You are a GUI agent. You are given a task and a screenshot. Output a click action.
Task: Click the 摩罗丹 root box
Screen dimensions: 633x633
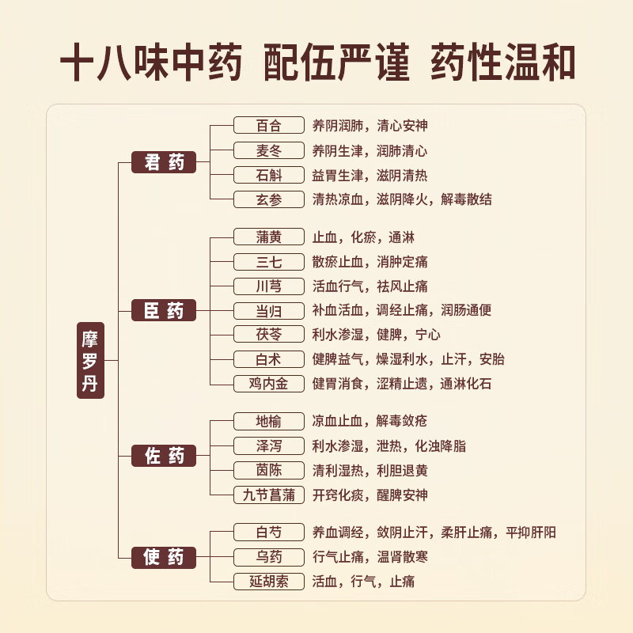pyautogui.click(x=90, y=360)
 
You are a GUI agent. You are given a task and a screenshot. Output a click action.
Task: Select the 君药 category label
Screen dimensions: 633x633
pyautogui.click(x=164, y=162)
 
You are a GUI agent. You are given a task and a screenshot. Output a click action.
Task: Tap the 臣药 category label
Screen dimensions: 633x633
pyautogui.click(x=164, y=310)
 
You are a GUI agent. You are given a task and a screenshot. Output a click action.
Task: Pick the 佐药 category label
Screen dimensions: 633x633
pyautogui.click(x=164, y=456)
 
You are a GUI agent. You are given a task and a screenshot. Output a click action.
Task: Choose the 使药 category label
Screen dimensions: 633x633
pyautogui.click(x=164, y=558)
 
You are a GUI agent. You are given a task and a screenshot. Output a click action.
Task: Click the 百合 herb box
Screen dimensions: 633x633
pyautogui.click(x=269, y=125)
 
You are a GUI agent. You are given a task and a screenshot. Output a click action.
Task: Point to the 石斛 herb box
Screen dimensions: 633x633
pyautogui.click(x=269, y=175)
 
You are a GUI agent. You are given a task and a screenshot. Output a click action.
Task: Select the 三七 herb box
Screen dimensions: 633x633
pyautogui.click(x=269, y=262)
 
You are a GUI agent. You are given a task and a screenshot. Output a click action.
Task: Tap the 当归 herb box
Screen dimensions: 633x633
pyautogui.click(x=269, y=311)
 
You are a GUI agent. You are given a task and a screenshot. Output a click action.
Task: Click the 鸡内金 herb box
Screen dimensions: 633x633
pyautogui.click(x=269, y=384)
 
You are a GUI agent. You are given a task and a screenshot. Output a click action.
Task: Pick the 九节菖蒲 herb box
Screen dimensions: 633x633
pyautogui.click(x=269, y=495)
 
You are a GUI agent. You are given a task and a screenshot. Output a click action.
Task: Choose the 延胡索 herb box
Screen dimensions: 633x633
pyautogui.click(x=269, y=582)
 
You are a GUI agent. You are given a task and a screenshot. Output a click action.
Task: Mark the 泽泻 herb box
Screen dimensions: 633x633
pyautogui.click(x=269, y=445)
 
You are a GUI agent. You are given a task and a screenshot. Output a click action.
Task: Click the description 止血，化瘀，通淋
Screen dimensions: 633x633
pyautogui.click(x=363, y=237)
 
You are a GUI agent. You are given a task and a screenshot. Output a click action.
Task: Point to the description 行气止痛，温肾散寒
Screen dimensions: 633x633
pyautogui.click(x=370, y=557)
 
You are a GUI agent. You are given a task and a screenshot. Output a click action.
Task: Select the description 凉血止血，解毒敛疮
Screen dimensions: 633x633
pyautogui.click(x=370, y=421)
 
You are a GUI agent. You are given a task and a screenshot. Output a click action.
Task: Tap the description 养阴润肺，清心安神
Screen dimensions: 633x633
pyautogui.click(x=370, y=126)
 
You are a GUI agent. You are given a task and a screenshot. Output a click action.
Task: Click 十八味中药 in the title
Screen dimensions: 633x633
pyautogui.click(x=151, y=63)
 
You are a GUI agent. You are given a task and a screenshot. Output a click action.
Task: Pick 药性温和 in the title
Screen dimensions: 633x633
pyautogui.click(x=503, y=63)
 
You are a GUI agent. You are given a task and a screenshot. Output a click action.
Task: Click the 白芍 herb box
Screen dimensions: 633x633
pyautogui.click(x=269, y=532)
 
